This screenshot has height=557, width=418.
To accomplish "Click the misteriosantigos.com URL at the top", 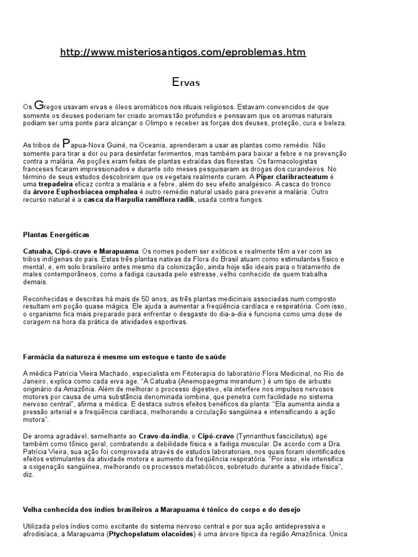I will (x=183, y=52).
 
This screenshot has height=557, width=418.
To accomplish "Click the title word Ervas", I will (x=186, y=83).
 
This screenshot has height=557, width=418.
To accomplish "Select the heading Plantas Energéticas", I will (x=56, y=234).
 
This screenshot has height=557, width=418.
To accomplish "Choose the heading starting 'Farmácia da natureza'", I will (x=124, y=357).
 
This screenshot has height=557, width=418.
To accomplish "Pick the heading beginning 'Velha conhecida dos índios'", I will (x=162, y=510).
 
